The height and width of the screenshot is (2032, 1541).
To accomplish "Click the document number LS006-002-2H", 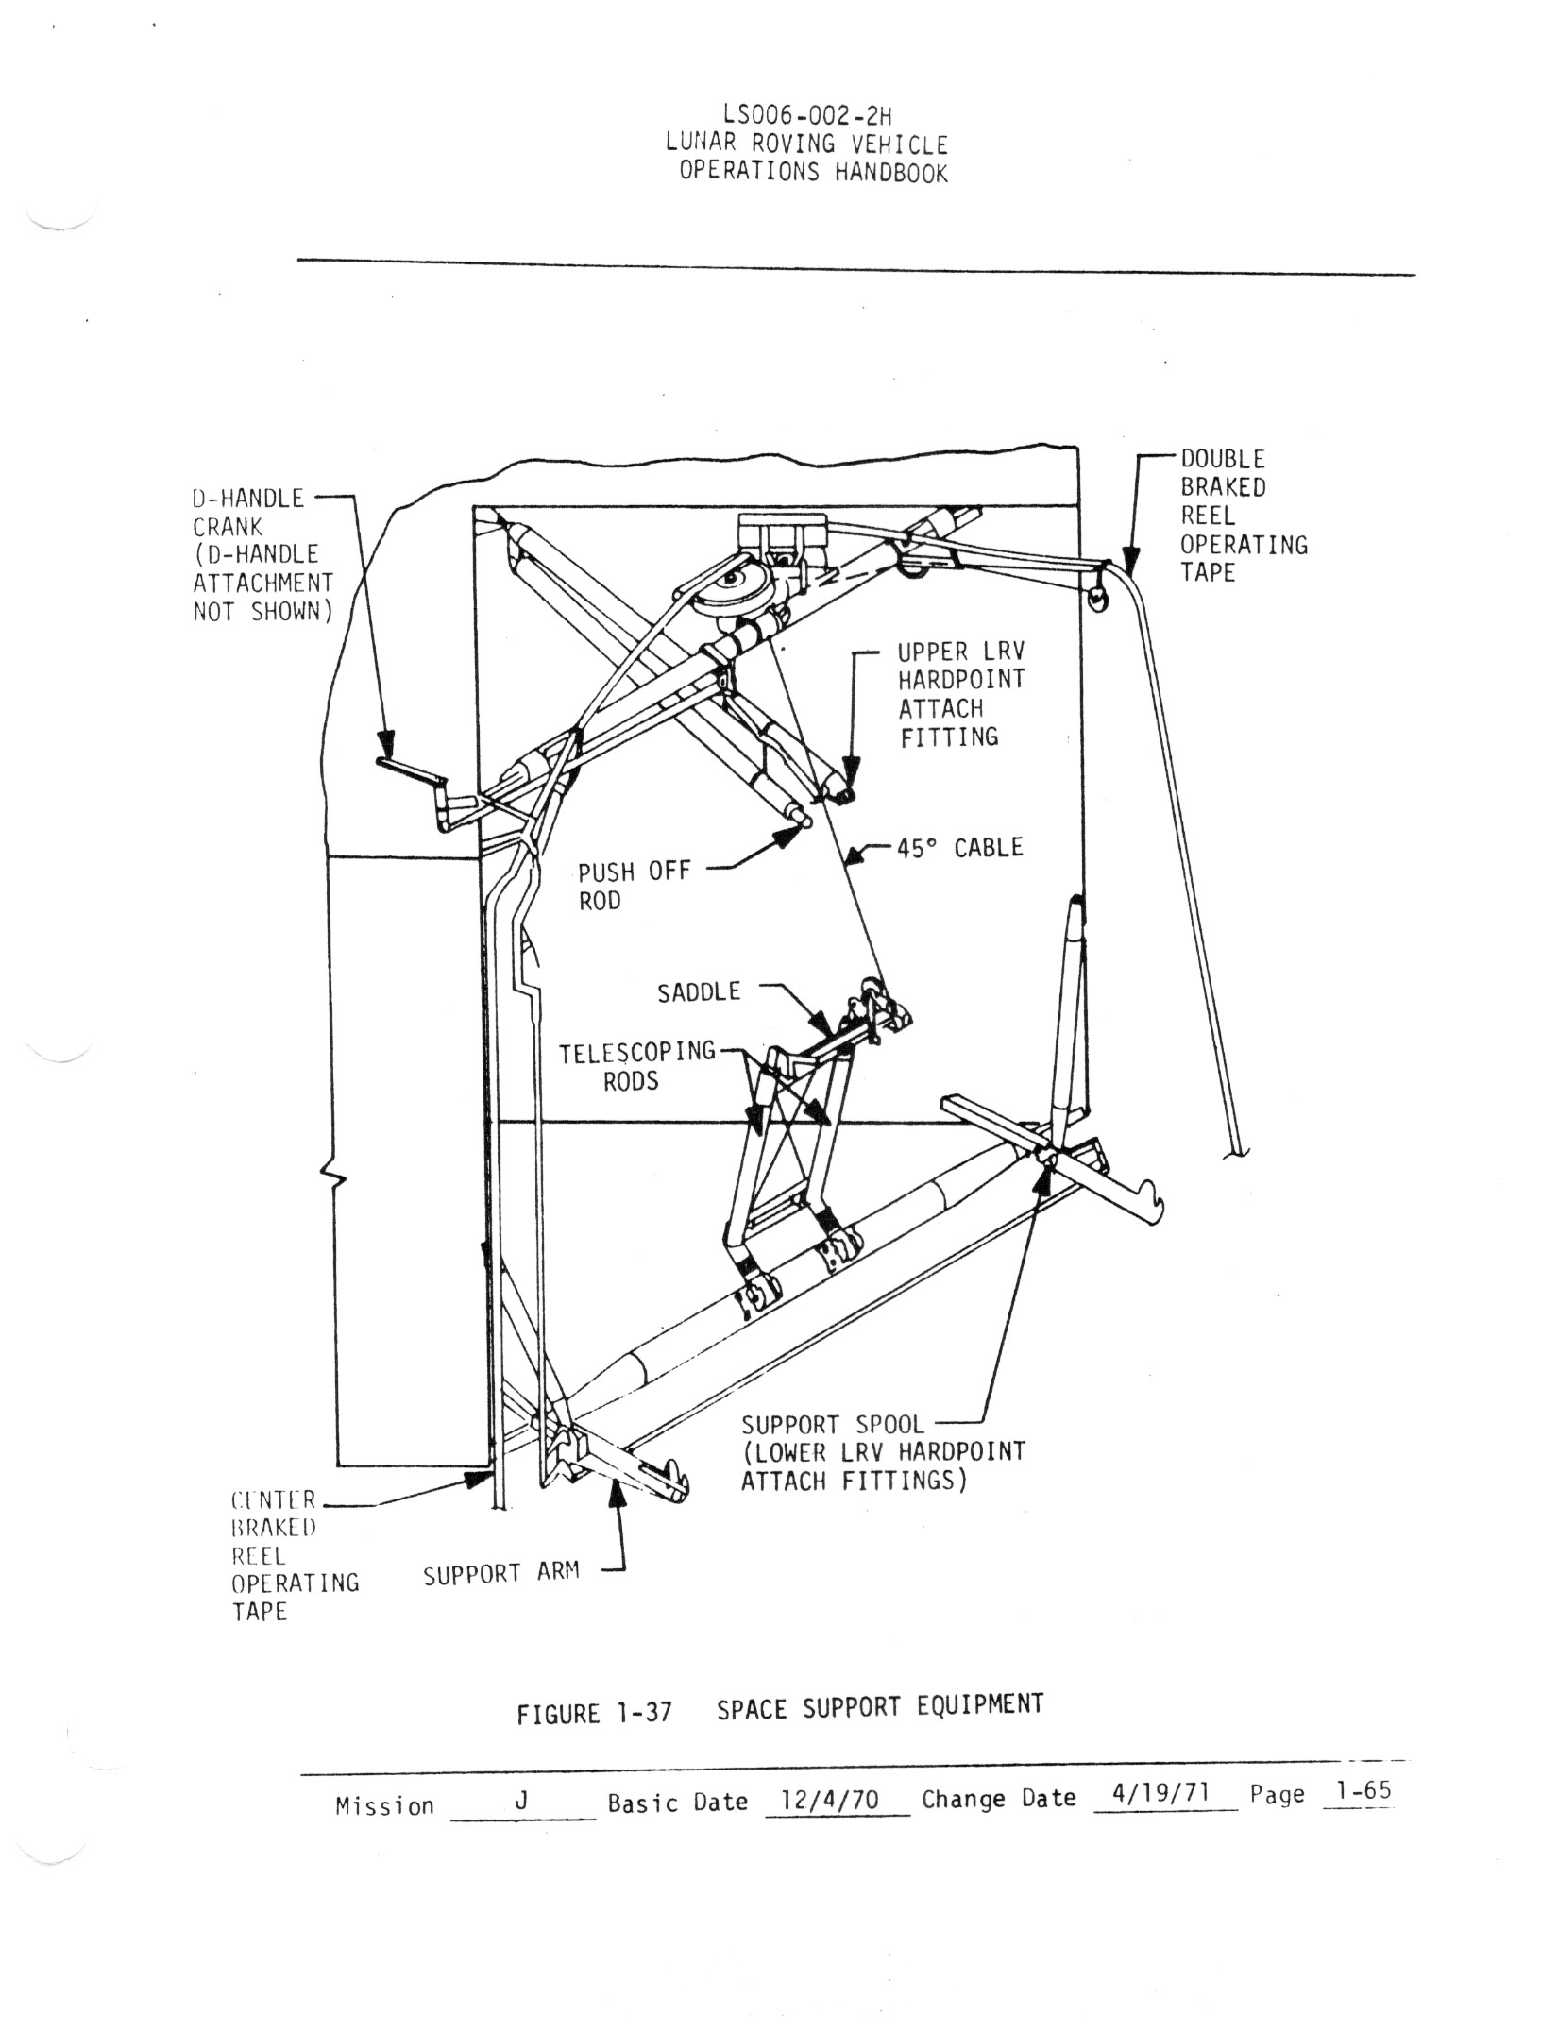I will click(806, 115).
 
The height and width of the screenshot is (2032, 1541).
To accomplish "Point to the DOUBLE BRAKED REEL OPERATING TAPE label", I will click(1243, 516).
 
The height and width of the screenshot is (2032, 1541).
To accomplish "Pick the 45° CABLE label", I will click(959, 848).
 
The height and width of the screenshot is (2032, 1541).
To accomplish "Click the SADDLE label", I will click(699, 992).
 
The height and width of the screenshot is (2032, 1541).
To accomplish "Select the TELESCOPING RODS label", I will click(636, 1066).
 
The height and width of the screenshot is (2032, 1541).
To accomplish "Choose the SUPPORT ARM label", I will click(500, 1575).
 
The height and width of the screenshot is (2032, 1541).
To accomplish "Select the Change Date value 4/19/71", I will click(1161, 1793).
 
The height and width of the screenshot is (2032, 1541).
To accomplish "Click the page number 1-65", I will click(1358, 1791).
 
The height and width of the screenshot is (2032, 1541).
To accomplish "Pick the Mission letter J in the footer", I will click(520, 1802).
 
